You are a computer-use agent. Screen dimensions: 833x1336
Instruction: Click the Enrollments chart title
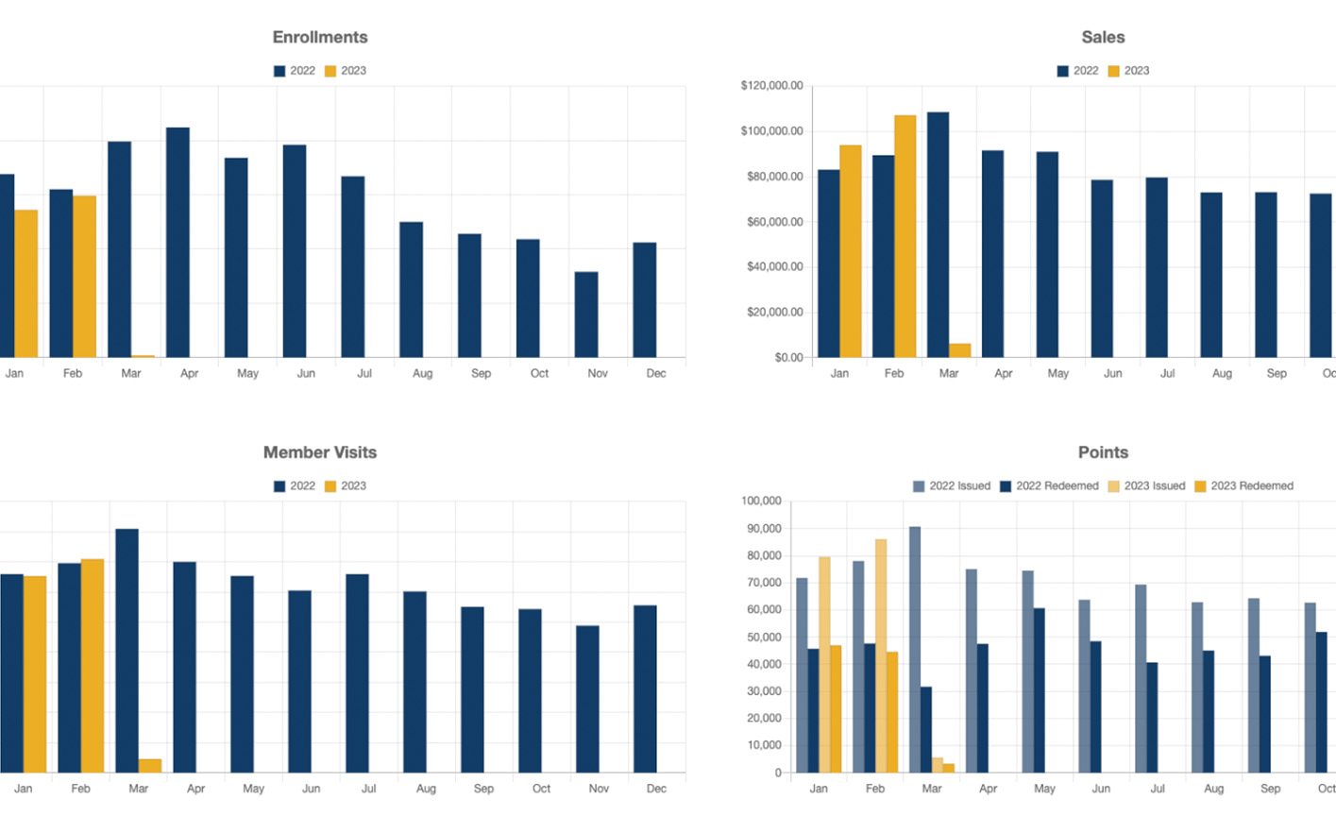coord(320,38)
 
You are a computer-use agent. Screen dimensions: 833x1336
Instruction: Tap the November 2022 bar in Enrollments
coord(586,314)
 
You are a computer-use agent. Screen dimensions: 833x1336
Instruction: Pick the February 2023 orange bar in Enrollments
coord(85,276)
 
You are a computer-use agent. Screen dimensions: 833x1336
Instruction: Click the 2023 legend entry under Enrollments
coord(346,71)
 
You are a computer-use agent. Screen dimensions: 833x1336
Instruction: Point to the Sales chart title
coord(1103,38)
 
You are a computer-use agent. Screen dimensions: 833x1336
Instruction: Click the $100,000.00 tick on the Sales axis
coord(771,131)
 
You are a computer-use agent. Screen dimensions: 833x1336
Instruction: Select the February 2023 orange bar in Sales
coord(905,236)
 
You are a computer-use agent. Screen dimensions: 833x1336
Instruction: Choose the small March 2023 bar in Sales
coord(960,350)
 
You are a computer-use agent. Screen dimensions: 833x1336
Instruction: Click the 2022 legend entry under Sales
coord(1077,71)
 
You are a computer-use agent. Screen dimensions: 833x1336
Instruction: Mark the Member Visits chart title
coord(320,452)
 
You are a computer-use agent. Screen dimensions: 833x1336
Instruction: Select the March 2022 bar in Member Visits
coord(127,651)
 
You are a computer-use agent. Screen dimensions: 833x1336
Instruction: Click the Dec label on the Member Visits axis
coord(656,789)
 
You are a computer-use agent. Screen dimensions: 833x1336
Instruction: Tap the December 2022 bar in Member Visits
coord(645,688)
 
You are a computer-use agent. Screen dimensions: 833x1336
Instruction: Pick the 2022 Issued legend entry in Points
coord(952,486)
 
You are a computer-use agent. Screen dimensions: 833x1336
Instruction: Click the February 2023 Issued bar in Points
coord(881,655)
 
